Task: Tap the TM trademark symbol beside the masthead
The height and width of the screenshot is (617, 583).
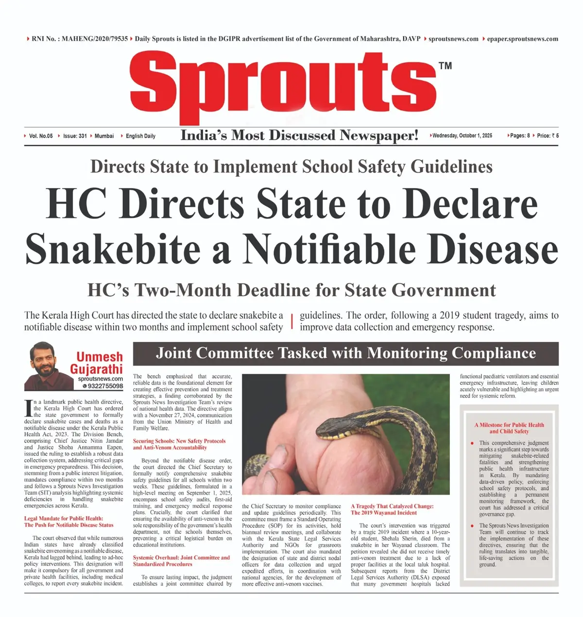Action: tap(445, 66)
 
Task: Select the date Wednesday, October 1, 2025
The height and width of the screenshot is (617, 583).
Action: tap(462, 136)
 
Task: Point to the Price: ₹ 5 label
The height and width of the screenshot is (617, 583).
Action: tap(548, 136)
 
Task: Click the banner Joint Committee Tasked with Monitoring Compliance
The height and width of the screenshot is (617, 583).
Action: tap(345, 353)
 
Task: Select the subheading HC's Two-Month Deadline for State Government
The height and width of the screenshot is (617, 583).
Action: tap(291, 290)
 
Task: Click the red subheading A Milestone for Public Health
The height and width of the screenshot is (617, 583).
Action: tap(509, 428)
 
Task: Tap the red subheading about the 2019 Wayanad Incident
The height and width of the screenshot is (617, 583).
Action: tap(392, 509)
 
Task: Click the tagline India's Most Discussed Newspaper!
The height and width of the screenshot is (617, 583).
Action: tap(299, 135)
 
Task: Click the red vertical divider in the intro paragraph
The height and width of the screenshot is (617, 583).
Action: tap(291, 321)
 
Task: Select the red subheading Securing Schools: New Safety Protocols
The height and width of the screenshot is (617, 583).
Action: tap(179, 444)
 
